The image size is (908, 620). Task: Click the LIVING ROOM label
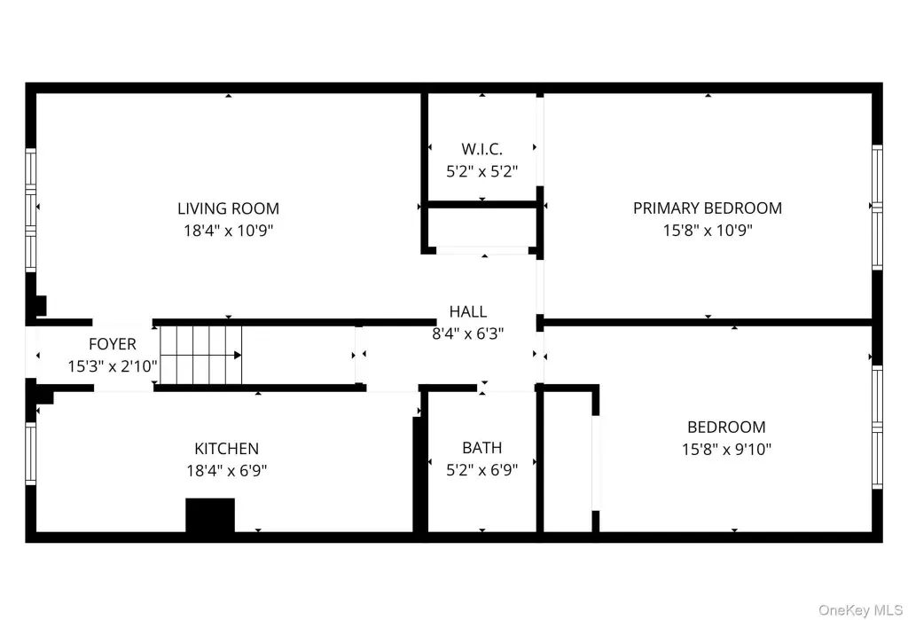(x=228, y=208)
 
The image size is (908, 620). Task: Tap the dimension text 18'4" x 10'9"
(x=228, y=231)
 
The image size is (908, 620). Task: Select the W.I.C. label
(x=481, y=149)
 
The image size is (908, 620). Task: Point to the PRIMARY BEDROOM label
(x=707, y=208)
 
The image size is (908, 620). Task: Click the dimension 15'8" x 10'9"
(x=708, y=230)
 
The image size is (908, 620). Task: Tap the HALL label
(x=468, y=311)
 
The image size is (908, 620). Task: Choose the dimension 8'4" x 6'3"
(x=468, y=334)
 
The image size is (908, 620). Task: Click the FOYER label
(x=113, y=344)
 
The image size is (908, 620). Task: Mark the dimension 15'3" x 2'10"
(x=113, y=366)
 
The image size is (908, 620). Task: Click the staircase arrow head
(x=238, y=355)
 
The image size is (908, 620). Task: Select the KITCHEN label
(x=226, y=449)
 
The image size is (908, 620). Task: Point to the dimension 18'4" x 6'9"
(x=226, y=470)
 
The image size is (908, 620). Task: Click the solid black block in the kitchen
(x=210, y=514)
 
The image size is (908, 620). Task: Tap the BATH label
(x=481, y=448)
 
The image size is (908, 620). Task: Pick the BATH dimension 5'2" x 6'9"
(x=481, y=470)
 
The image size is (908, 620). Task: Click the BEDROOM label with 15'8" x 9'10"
(x=726, y=427)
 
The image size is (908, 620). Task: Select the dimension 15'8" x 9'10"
(x=726, y=449)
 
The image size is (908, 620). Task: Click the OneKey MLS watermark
(x=860, y=610)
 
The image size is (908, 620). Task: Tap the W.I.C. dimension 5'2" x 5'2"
(x=481, y=171)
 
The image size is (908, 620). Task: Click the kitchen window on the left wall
(x=31, y=453)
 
